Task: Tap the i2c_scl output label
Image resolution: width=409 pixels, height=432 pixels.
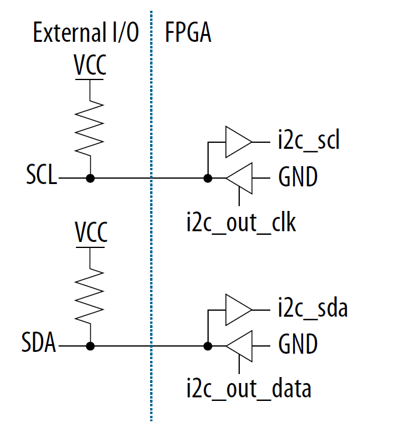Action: (309, 142)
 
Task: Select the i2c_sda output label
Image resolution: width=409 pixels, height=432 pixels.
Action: (312, 310)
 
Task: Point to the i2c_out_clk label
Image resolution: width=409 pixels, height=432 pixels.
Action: (241, 222)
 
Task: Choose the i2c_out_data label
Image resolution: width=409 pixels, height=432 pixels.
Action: (248, 389)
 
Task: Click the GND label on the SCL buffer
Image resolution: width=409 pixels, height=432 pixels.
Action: (298, 177)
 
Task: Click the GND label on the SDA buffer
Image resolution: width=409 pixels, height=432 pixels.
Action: (298, 345)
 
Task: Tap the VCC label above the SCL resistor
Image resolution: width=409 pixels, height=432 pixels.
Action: (90, 65)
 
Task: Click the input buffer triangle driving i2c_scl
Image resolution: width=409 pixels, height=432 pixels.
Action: (238, 142)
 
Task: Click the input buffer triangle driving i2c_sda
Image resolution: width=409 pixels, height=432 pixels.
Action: (238, 310)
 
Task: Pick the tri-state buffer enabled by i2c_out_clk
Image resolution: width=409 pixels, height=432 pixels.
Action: (239, 177)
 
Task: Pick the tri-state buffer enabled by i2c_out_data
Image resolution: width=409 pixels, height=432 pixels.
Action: (239, 345)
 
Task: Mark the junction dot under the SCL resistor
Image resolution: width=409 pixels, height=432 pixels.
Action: (90, 177)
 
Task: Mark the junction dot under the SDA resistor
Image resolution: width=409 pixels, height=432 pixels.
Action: (90, 345)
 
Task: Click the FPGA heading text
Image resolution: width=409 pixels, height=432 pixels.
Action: (188, 33)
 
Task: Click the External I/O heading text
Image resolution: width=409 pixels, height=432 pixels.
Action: (86, 33)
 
